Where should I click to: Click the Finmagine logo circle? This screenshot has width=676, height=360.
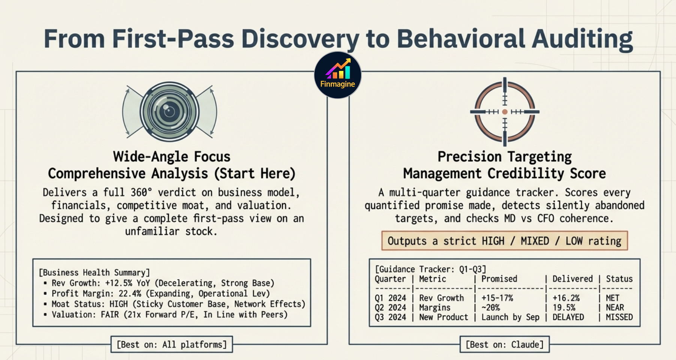coord(337,75)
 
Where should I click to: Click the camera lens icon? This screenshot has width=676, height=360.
coord(169,112)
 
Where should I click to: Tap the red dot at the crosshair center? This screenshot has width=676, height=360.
coord(505,112)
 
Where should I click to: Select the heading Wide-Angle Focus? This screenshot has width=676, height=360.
coord(172,156)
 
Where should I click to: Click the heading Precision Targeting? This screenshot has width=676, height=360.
coord(504,156)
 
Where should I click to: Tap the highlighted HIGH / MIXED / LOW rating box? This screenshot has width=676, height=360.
coord(504,241)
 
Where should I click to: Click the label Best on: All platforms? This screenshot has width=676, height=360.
coord(172,344)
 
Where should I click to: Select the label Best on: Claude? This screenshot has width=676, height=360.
coord(504,344)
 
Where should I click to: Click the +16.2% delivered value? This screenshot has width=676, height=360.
coord(566,298)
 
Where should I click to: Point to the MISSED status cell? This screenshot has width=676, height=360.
coord(619,317)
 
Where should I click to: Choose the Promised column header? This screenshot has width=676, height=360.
coord(499,279)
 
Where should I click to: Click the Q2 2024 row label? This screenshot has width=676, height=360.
coord(390,307)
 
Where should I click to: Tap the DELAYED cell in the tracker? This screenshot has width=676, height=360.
coord(568,317)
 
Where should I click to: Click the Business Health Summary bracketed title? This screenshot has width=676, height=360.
coord(94,273)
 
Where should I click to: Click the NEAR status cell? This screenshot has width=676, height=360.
coord(615,307)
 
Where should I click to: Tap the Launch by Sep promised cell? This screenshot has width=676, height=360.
coord(510,317)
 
